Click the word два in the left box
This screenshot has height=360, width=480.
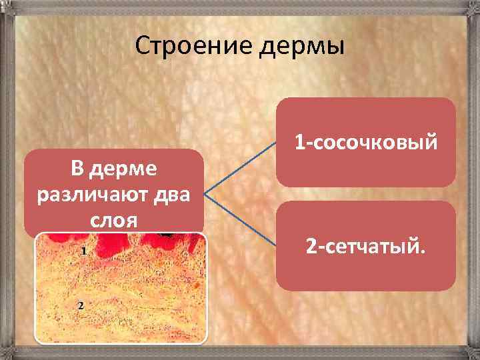click(169, 195)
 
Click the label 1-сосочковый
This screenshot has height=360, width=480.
click(366, 142)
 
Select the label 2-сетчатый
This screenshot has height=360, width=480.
click(365, 247)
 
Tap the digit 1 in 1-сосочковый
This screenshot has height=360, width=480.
click(299, 142)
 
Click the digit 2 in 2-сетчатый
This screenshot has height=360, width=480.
click(311, 247)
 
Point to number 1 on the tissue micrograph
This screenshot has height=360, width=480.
click(83, 251)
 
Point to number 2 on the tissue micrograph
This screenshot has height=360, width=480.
click(80, 305)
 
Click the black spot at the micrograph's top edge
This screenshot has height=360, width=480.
click(167, 235)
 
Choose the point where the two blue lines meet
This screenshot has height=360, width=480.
click(204, 195)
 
